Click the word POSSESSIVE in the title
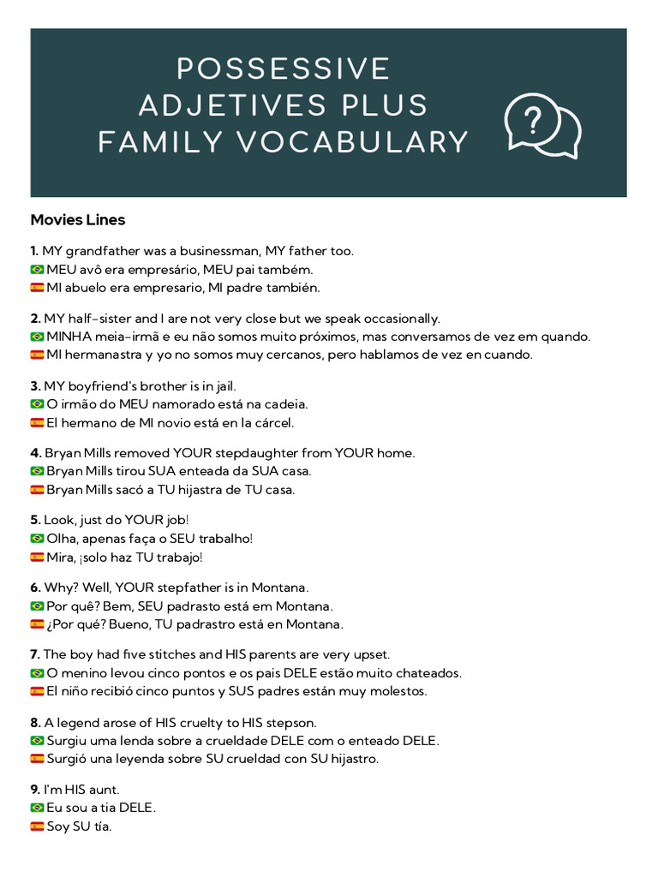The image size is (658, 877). [x=283, y=69]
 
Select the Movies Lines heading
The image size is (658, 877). [x=78, y=220]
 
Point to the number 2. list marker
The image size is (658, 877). [x=35, y=319]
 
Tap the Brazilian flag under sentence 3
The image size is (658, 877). [x=37, y=404]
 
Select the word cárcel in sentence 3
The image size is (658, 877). [x=272, y=422]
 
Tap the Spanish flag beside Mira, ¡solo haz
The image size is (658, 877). [x=37, y=558]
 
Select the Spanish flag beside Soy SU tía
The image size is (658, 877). [x=37, y=826]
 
